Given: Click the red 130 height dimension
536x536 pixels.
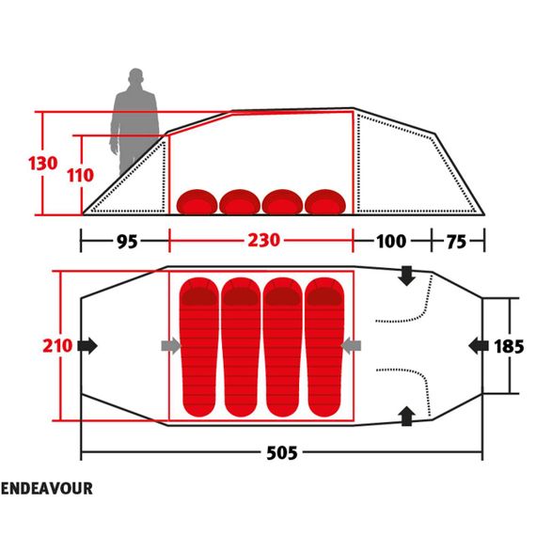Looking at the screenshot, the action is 42,164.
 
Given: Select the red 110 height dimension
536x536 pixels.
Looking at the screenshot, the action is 80,175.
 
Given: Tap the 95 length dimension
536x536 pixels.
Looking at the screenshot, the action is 127,242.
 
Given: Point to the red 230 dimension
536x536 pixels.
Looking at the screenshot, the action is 264,241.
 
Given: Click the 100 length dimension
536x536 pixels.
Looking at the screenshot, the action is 391,242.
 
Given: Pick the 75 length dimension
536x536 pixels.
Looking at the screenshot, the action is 456,242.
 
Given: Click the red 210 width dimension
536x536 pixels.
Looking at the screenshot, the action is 57,346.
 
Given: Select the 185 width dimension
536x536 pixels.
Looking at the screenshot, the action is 509,346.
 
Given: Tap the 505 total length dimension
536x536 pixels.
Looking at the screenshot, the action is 282,453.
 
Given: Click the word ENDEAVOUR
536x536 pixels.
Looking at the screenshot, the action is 47,488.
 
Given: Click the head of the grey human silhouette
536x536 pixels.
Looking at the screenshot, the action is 135,77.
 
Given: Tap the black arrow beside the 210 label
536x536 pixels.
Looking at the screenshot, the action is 87,346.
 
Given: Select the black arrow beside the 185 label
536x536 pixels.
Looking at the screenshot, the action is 479,346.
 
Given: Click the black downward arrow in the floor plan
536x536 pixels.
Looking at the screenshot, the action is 406,276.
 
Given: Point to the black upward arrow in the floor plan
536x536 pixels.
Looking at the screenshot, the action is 406,416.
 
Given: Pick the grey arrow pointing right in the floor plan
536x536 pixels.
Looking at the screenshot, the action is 171,346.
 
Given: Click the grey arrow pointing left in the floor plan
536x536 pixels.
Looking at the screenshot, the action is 351,346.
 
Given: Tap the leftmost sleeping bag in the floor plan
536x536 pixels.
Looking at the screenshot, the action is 199,347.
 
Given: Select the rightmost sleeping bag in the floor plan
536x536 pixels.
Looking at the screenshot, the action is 324,347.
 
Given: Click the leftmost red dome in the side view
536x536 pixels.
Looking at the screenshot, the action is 197,202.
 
